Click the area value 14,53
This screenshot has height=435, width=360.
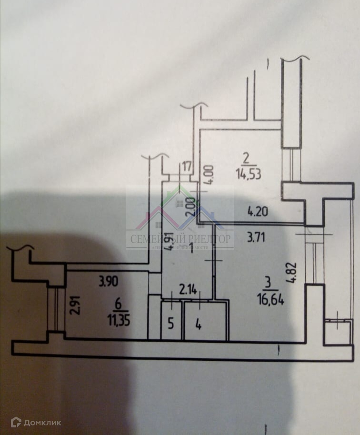[x=246, y=172]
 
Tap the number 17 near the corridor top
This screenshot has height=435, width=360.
[x=187, y=167]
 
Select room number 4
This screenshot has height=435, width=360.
[x=199, y=326]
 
